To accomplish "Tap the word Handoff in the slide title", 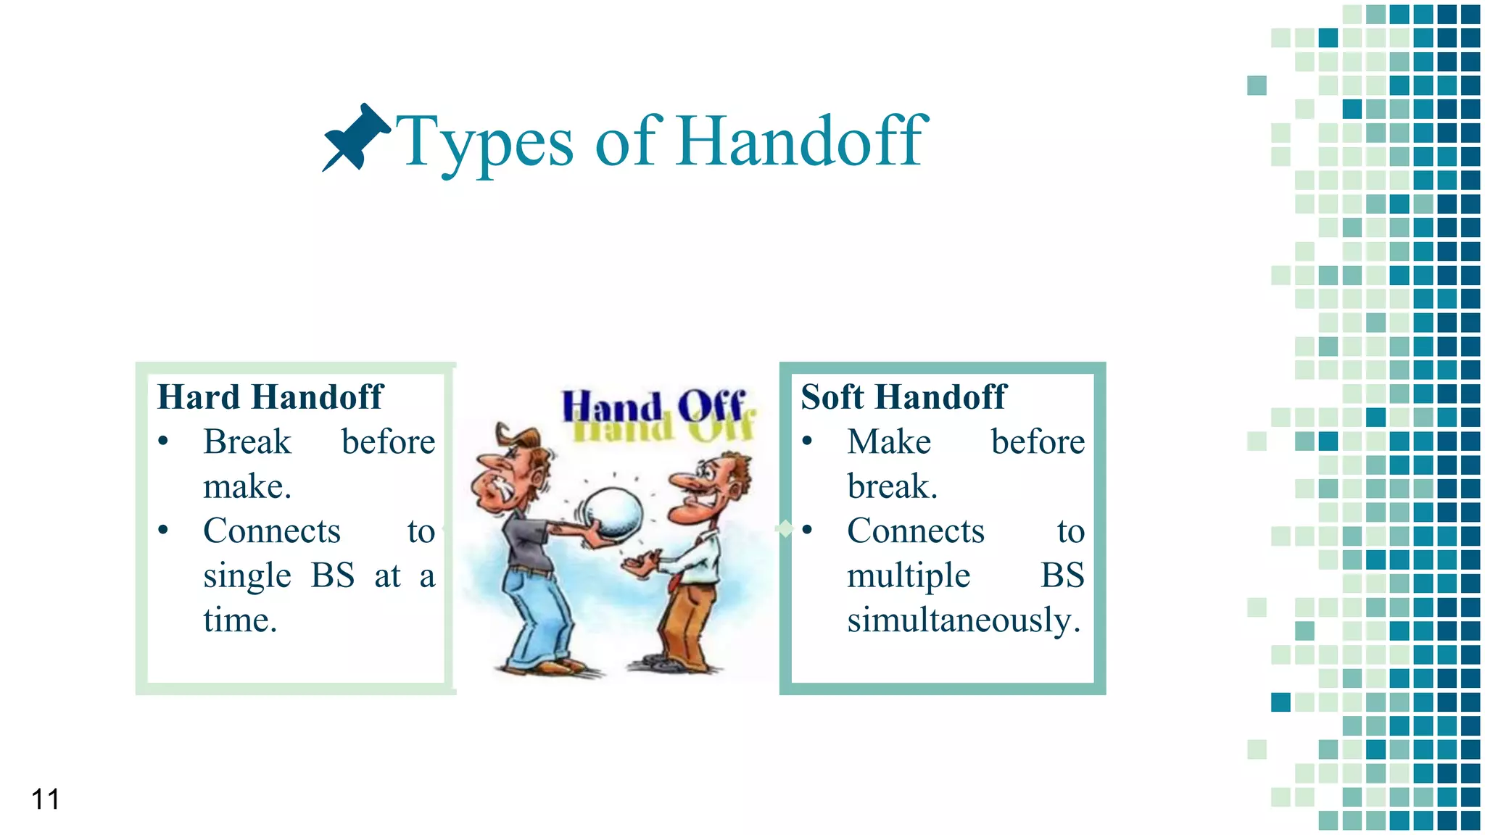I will tap(802, 141).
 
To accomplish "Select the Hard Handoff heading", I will tap(270, 397).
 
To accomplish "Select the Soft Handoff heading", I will tap(903, 397).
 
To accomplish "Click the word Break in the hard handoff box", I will tap(247, 442).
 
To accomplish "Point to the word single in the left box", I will tap(247, 576).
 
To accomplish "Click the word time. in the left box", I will tap(240, 620).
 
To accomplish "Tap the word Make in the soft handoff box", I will tap(889, 442).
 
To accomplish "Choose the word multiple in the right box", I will tap(909, 576).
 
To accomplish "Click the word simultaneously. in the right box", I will tap(964, 620).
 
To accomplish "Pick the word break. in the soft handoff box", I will tap(892, 487).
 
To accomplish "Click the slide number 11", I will tap(45, 799).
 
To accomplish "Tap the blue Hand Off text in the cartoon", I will tap(653, 406).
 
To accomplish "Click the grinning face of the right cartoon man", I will tap(707, 489).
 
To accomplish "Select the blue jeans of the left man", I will tap(540, 616).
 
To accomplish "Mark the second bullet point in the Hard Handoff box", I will tap(164, 531).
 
